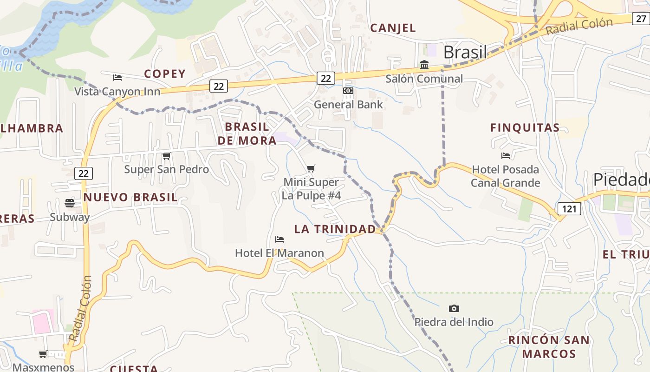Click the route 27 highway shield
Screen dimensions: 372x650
point(641,19)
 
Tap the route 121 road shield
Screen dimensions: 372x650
point(569,209)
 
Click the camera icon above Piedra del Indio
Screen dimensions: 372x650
point(454,308)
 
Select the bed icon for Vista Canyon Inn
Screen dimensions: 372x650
point(117,78)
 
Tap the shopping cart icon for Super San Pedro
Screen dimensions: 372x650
point(166,156)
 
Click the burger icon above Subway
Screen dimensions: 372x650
point(70,203)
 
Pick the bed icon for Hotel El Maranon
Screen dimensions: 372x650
point(279,239)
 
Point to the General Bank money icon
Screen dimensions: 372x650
point(348,91)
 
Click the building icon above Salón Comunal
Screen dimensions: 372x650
point(424,65)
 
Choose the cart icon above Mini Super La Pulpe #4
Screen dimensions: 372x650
point(311,168)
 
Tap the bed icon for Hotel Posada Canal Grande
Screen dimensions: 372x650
point(506,156)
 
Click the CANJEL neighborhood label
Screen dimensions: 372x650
point(393,28)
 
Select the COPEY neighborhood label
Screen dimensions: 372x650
point(165,74)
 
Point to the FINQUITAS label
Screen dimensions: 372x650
point(525,128)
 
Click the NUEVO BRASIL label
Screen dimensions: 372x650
point(130,197)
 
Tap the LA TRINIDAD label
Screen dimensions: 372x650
point(335,229)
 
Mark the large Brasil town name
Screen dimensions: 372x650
point(465,52)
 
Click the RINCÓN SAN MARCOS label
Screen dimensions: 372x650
point(549,347)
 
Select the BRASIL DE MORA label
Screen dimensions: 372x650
point(247,133)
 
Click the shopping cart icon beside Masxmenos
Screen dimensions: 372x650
point(43,354)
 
